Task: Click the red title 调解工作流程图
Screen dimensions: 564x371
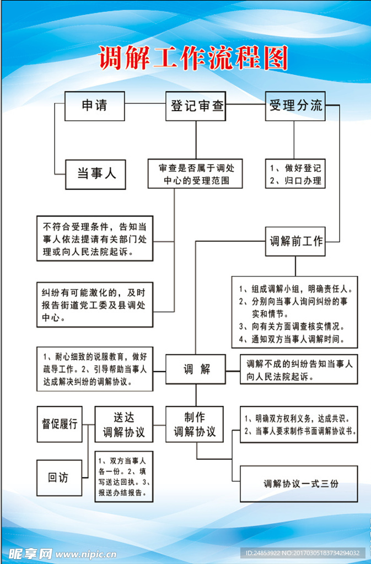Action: click(193, 58)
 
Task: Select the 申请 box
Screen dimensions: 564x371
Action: click(94, 106)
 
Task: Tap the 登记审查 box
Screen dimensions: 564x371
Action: click(196, 106)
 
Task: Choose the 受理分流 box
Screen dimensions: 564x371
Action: click(295, 106)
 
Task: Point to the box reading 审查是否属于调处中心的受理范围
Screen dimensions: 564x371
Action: click(195, 174)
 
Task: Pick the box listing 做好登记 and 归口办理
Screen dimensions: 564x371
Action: click(295, 174)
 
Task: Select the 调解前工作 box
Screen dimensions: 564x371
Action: click(295, 241)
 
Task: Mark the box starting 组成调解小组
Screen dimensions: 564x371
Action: click(294, 312)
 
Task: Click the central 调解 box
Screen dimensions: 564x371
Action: click(196, 369)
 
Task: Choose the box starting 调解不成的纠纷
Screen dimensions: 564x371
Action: click(299, 370)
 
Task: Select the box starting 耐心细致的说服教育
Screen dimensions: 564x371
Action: click(95, 368)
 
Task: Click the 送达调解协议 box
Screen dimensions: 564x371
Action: click(124, 424)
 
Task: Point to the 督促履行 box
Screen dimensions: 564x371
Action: click(60, 424)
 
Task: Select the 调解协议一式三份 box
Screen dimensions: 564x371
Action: click(299, 484)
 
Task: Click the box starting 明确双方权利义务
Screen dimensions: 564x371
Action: click(299, 424)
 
